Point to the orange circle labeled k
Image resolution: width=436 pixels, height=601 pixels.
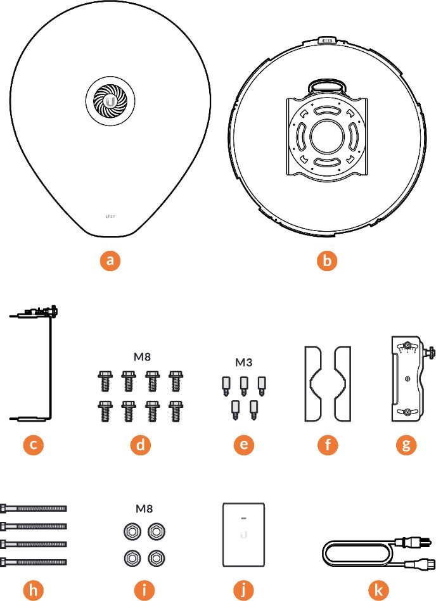point(378,590)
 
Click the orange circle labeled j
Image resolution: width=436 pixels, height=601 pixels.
point(244,590)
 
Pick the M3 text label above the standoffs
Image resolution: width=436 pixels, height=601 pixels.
point(244,363)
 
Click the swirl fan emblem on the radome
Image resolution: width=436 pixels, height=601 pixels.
point(112,103)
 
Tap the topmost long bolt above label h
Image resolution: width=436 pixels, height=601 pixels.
point(34,508)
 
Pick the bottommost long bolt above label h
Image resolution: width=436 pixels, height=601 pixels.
point(34,561)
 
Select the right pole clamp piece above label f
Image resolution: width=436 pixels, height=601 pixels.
point(342,383)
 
